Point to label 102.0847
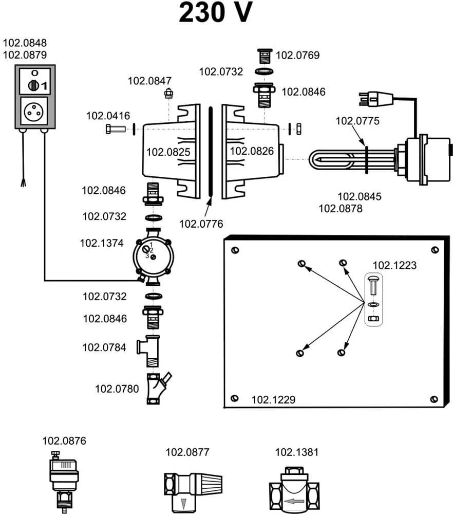(149, 81)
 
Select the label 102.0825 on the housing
(168, 152)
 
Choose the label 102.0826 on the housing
(251, 151)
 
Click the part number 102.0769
(298, 56)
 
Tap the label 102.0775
(357, 121)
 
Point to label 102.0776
(201, 224)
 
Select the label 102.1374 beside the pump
(102, 243)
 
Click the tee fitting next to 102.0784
(150, 350)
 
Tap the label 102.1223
(394, 266)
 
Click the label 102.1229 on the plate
(273, 399)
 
